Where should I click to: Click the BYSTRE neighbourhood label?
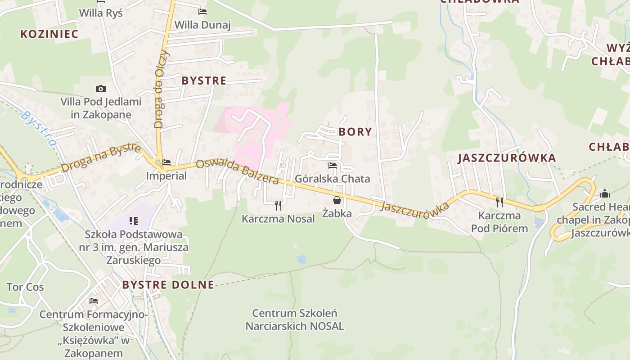coord(204,81)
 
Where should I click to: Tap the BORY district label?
coord(355,132)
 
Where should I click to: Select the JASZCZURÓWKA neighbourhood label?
coord(507,158)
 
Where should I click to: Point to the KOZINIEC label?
coord(49,34)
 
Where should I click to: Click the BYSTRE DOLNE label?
coord(168,284)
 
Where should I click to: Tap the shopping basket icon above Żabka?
coord(337,200)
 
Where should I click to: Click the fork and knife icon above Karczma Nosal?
coord(278,206)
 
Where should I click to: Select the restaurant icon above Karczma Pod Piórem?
coord(499,202)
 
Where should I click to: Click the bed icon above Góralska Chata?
coord(333,166)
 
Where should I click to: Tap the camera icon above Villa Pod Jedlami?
coord(101,89)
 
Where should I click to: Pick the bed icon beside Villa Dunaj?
coord(202,12)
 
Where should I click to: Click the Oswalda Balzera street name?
coord(237,171)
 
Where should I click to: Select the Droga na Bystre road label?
coord(101,158)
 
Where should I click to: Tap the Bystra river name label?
coord(39,128)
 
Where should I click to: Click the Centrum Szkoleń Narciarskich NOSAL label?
coord(295,319)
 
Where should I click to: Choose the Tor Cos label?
coord(25,287)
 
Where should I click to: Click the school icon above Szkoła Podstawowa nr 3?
coord(134,220)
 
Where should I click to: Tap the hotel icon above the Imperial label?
coord(166,162)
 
